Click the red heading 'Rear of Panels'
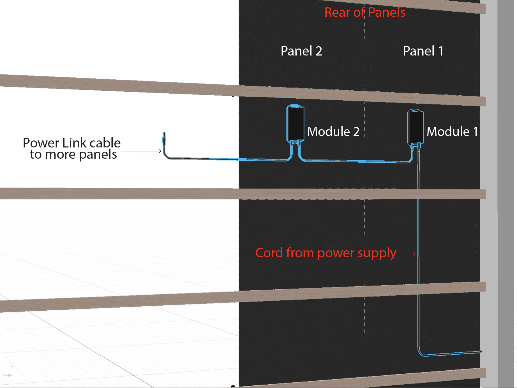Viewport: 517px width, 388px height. [365, 12]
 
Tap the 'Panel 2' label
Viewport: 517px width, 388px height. [301, 51]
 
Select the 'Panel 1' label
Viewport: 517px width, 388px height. [423, 51]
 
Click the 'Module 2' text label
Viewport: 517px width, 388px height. [333, 131]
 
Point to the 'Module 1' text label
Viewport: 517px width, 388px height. [452, 131]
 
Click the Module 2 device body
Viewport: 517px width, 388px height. [295, 123]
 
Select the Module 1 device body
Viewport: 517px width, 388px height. [416, 127]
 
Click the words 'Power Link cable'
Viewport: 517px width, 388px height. [71, 143]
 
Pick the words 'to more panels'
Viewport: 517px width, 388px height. [73, 154]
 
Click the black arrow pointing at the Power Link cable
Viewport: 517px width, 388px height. [141, 151]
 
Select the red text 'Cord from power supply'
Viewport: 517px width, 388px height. [326, 253]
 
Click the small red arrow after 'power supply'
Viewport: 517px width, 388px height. [408, 254]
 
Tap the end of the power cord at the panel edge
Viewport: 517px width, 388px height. [480, 351]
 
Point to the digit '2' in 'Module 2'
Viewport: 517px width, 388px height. [356, 131]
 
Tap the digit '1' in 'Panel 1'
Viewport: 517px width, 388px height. [441, 51]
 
